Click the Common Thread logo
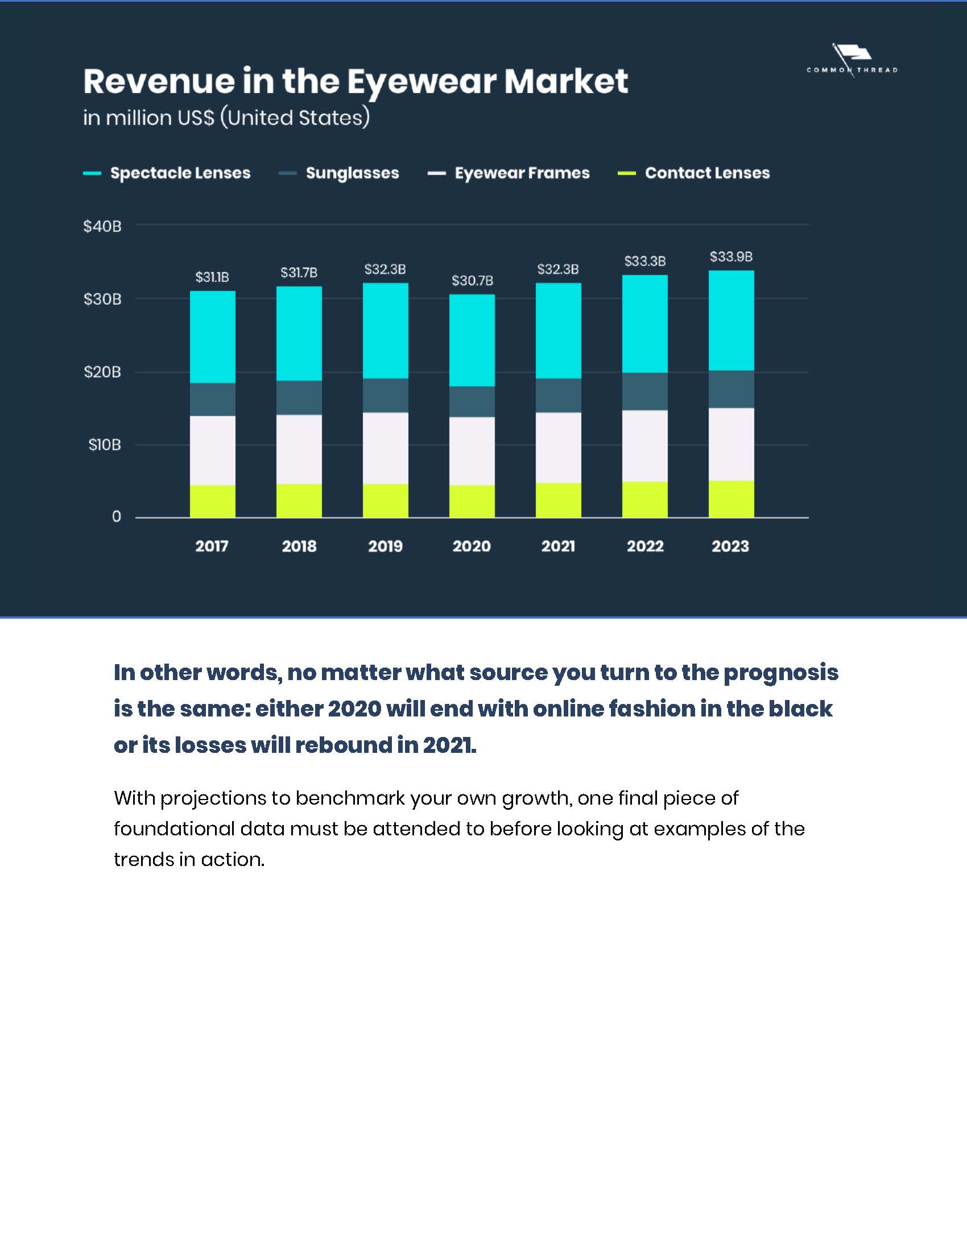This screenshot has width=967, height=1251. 852,61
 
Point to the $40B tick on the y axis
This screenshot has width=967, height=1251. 102,226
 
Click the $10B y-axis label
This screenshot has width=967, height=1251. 104,445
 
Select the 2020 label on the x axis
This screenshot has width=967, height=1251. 472,546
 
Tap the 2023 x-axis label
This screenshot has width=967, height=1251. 730,546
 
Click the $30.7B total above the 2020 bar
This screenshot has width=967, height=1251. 472,281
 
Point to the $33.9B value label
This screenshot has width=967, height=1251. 731,256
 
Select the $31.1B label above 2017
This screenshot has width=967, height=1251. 212,277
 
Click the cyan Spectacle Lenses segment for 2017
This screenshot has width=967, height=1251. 213,337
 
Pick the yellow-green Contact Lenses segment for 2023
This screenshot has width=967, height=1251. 731,499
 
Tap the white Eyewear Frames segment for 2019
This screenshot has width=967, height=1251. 386,448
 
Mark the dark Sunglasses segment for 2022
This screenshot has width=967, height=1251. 644,391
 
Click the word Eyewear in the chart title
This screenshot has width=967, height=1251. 420,81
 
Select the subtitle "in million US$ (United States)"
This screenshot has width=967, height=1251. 226,118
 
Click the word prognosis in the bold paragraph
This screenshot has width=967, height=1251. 781,673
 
